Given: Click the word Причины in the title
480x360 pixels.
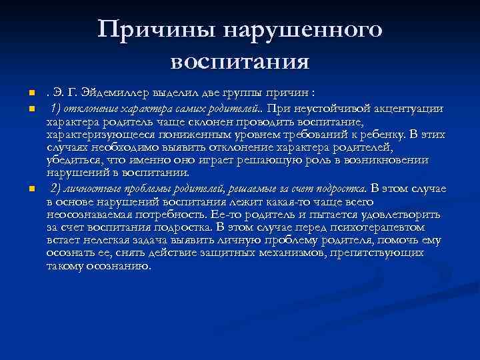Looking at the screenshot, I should pos(155,29).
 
